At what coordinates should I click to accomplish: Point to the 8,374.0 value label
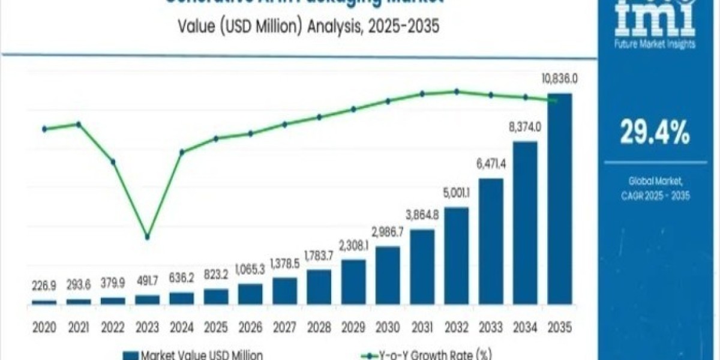coord(525,127)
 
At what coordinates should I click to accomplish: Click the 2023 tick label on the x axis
coord(147,327)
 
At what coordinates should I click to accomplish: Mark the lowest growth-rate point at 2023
coord(147,237)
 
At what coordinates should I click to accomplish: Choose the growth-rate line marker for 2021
coord(78,124)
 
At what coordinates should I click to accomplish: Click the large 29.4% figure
coord(655,133)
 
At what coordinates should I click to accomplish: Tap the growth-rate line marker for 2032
coord(457,92)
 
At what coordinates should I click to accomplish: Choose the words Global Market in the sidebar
coord(655,180)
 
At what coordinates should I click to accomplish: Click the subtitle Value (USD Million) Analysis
coord(300,26)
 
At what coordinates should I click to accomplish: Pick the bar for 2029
coord(353,282)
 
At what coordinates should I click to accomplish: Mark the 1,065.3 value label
coord(250,269)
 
